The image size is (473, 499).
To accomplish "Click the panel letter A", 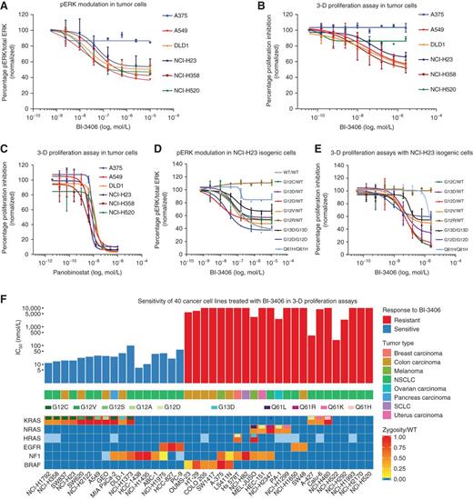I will pyautogui.click(x=6, y=6).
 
